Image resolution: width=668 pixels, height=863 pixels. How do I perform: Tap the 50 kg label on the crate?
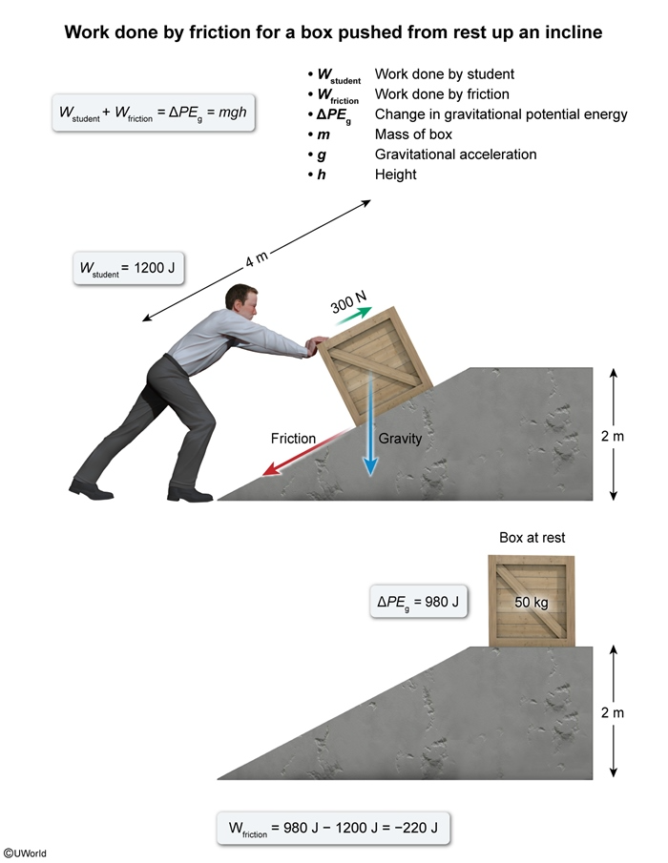[531, 602]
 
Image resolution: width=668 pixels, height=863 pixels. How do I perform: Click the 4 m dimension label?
[256, 259]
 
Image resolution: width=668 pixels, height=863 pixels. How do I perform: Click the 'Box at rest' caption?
[532, 538]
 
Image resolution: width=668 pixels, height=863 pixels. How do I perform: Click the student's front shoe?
[189, 493]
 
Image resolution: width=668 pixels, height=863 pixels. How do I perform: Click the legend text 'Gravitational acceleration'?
[455, 154]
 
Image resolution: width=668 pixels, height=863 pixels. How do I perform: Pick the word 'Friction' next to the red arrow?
[293, 439]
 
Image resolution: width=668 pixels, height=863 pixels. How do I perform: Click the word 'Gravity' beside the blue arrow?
[400, 439]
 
